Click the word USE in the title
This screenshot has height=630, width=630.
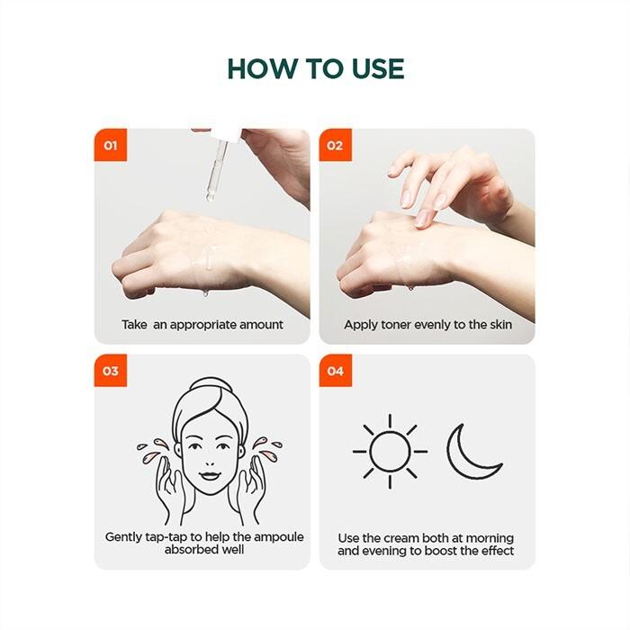click(x=378, y=68)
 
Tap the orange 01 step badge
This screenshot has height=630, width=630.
click(x=111, y=145)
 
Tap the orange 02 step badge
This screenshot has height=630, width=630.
click(x=336, y=145)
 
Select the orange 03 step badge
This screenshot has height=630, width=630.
click(x=111, y=371)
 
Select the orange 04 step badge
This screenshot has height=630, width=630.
click(x=336, y=371)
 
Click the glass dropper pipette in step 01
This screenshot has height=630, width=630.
click(x=216, y=169)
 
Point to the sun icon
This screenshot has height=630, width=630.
click(x=390, y=452)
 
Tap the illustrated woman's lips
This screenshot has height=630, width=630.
click(x=209, y=475)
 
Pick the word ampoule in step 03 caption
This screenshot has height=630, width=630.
click(x=278, y=537)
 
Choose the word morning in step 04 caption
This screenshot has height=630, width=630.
click(x=490, y=539)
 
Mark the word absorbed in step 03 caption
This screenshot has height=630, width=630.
click(x=191, y=550)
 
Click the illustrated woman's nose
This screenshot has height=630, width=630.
click(x=209, y=458)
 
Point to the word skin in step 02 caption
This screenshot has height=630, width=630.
click(x=500, y=325)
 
